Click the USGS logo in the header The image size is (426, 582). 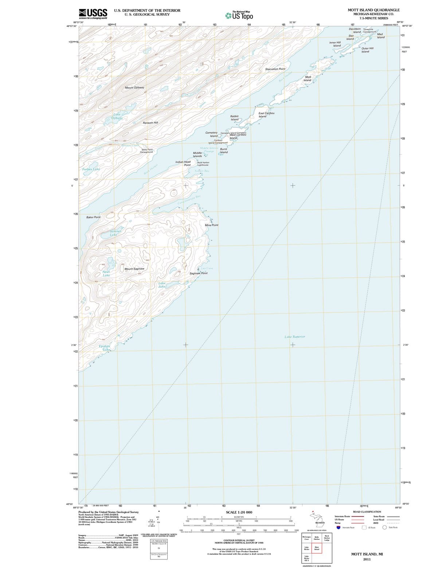click(x=93, y=13)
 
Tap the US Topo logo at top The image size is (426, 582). click(x=239, y=16)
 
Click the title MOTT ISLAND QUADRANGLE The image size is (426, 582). click(x=374, y=10)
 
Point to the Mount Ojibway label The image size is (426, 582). click(x=134, y=88)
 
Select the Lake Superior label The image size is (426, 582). click(x=295, y=337)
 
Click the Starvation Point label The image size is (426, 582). click(x=275, y=69)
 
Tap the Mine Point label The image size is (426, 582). click(x=211, y=225)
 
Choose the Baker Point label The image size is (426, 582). click(x=93, y=217)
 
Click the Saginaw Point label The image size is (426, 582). click(x=199, y=273)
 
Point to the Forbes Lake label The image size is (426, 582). click(x=91, y=169)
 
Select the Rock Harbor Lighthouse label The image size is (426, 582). click(x=203, y=164)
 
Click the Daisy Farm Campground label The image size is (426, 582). click(x=147, y=151)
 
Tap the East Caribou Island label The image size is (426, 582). click(x=266, y=115)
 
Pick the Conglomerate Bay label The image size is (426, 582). click(x=189, y=200)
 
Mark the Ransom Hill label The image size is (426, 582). click(x=150, y=123)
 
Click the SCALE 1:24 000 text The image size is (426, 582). click(x=239, y=512)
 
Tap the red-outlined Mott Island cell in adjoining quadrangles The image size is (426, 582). click(x=317, y=548)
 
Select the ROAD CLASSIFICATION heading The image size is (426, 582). click(x=367, y=512)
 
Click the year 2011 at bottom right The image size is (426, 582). click(x=367, y=559)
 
